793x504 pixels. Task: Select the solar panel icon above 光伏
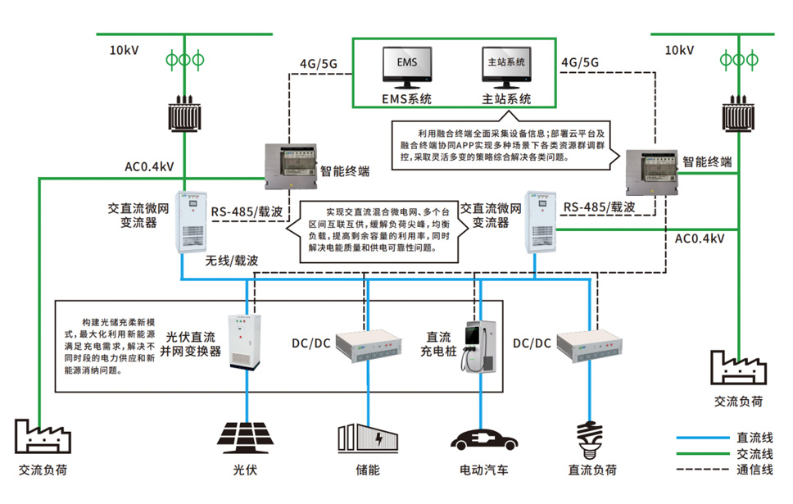coord(245,435)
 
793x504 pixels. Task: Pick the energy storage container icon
coord(368,438)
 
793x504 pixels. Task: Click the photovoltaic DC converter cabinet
coord(247,342)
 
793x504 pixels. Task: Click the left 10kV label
coord(125,50)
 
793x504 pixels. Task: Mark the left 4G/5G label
coord(318,62)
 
